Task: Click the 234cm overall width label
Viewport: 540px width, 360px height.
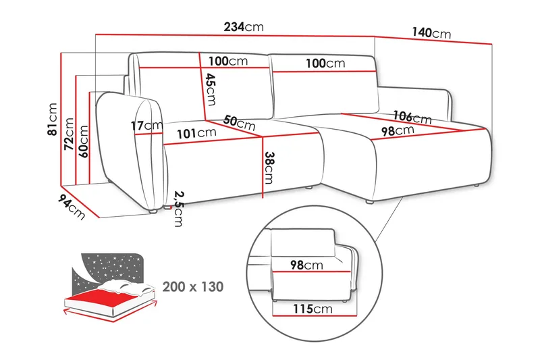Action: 244,26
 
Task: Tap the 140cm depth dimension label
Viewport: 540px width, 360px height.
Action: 431,32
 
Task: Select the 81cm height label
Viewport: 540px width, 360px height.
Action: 52,119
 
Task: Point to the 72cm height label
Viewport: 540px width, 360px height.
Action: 69,134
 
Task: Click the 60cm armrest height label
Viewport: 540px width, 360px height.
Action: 83,141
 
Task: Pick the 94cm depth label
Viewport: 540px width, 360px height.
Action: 72,207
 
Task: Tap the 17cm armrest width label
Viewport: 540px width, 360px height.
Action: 146,126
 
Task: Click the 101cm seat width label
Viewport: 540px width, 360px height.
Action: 196,133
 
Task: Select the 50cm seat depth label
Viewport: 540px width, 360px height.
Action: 240,122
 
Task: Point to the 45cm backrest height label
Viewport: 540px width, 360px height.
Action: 210,89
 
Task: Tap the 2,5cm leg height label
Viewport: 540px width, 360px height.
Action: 178,209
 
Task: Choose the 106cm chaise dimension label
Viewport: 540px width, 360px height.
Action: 412,117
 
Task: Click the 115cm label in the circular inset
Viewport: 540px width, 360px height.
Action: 313,309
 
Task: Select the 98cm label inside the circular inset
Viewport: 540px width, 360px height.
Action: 306,265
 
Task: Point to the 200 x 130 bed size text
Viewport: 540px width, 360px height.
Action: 193,286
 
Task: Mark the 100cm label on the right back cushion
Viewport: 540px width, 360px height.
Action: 325,63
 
